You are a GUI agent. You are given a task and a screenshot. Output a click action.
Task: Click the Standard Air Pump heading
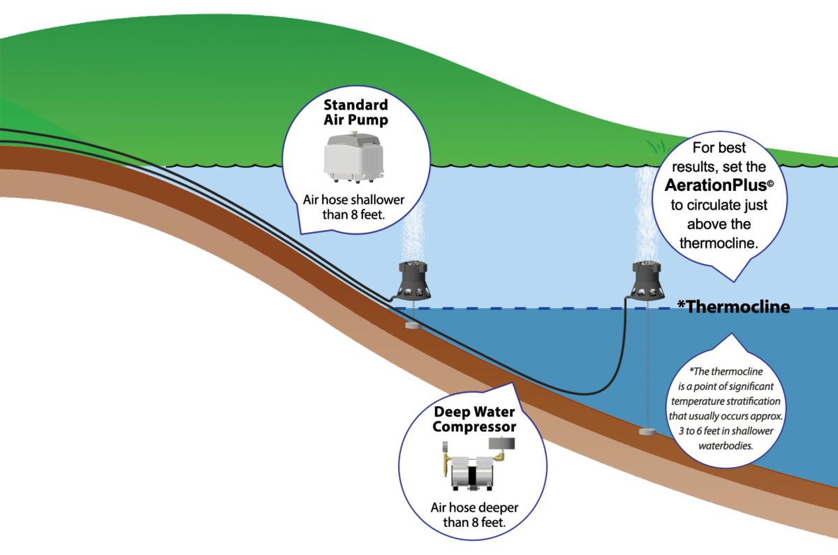point(355,113)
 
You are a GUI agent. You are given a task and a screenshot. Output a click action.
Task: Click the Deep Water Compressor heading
point(474,418)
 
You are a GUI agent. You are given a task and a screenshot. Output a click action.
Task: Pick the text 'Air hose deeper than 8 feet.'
point(474,514)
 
